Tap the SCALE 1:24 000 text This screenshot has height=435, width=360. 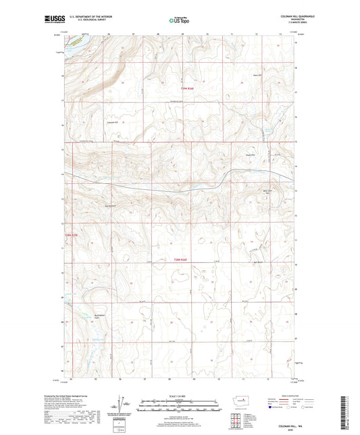pos(180,396)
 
